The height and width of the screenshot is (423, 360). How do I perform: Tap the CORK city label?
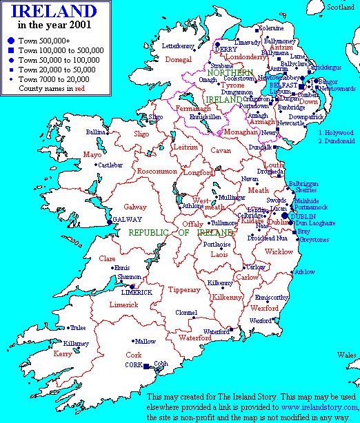point(133,365)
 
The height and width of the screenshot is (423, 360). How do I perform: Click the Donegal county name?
point(178,60)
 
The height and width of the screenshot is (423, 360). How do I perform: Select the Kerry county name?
point(63,353)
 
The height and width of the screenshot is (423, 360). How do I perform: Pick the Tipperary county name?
point(184,290)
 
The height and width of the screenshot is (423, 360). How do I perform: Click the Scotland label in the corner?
point(341,7)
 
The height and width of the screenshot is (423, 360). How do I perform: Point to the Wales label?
point(346,355)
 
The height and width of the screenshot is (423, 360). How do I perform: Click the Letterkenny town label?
point(179,46)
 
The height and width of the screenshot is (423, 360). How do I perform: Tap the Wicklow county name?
point(279,251)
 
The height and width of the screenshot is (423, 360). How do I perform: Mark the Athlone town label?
point(192,205)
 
